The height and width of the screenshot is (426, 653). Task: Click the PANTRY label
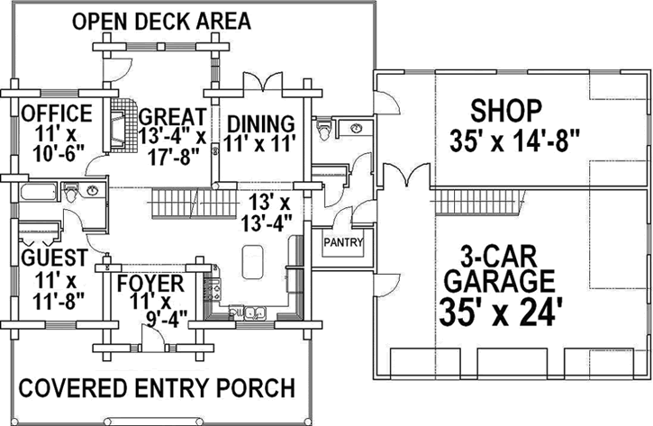(x=343, y=242)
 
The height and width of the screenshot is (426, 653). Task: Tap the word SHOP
(x=506, y=111)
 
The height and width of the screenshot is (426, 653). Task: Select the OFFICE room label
(x=57, y=113)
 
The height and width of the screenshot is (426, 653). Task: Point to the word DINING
(x=261, y=123)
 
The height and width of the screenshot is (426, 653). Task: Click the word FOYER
(x=150, y=284)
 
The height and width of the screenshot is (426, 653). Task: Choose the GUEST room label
(x=55, y=258)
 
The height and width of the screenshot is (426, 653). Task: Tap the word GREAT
(x=172, y=117)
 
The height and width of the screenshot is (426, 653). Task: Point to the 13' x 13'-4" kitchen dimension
(x=267, y=213)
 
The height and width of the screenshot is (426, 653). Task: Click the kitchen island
(x=252, y=262)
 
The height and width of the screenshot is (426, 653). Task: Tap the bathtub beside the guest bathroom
(x=38, y=192)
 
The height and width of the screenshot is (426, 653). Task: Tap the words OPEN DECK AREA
(x=161, y=22)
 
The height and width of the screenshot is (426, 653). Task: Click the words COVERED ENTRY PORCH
(x=157, y=388)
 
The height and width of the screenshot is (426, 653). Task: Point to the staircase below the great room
(x=194, y=203)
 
